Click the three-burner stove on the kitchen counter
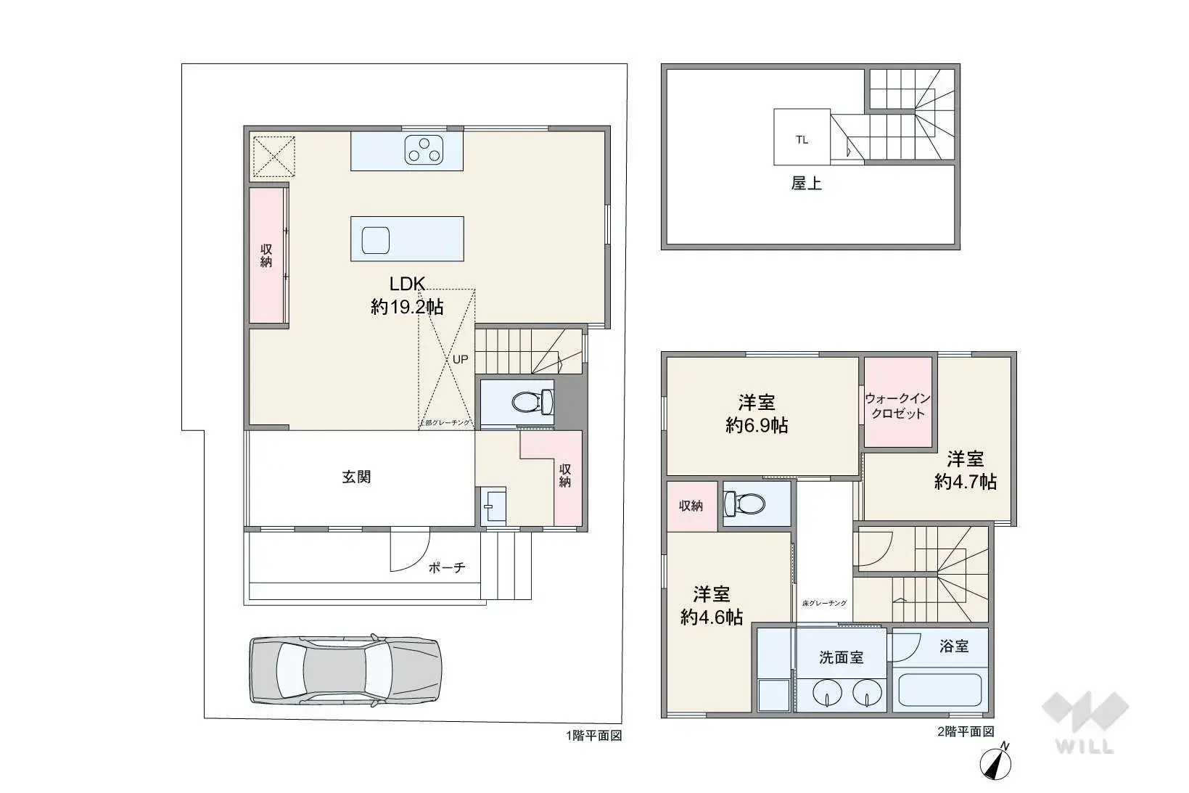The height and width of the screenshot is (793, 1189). (x=424, y=149)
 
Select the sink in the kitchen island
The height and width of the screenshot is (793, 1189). (x=376, y=239)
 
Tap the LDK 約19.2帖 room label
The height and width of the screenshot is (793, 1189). (x=407, y=295)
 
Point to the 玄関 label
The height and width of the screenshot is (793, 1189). (x=356, y=477)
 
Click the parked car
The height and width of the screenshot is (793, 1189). (x=345, y=670)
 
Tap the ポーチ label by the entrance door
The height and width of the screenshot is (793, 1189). (x=446, y=567)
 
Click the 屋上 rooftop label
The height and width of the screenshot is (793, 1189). (x=806, y=184)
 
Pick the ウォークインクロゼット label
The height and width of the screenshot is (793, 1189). (x=897, y=406)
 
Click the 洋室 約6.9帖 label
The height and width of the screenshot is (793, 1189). (x=757, y=414)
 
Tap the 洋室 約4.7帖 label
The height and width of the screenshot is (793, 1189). (x=965, y=470)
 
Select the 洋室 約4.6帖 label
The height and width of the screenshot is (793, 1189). (x=711, y=605)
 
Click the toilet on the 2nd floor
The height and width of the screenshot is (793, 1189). (x=747, y=502)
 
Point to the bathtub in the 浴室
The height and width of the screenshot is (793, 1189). (x=939, y=691)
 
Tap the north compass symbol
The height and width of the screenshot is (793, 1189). (x=996, y=763)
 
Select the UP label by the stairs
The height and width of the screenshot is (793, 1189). (x=461, y=359)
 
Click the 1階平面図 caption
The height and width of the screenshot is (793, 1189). (x=593, y=735)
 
